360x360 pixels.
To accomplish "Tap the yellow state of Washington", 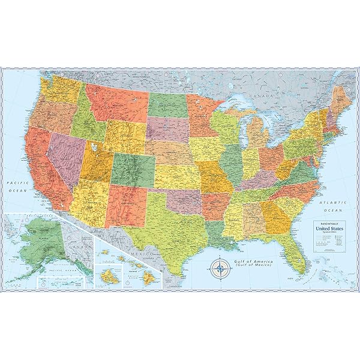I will pyautogui.click(x=61, y=88).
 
